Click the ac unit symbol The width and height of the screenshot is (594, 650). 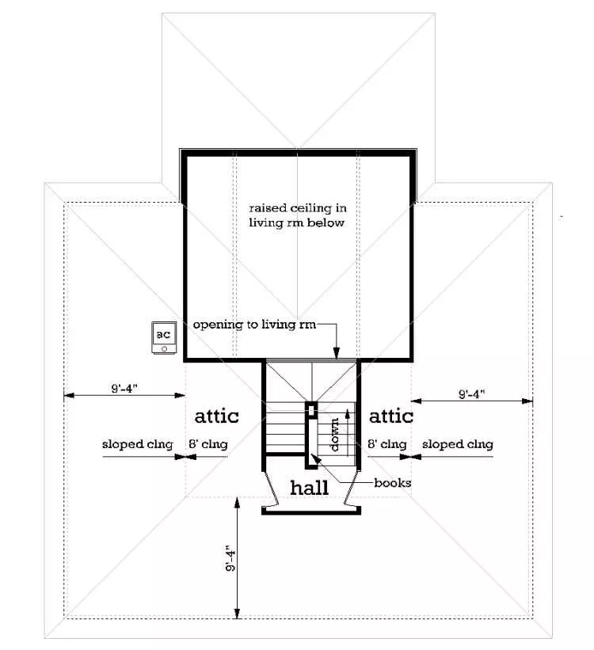pyautogui.click(x=164, y=337)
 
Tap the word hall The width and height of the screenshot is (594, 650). pyautogui.click(x=310, y=488)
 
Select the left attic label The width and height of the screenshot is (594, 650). pyautogui.click(x=216, y=416)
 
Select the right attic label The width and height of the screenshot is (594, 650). pyautogui.click(x=391, y=416)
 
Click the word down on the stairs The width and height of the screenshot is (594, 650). pyautogui.click(x=334, y=435)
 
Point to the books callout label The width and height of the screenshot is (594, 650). pyautogui.click(x=392, y=483)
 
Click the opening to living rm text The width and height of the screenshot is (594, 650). pyautogui.click(x=254, y=325)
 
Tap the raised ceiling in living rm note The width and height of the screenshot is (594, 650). pyautogui.click(x=298, y=215)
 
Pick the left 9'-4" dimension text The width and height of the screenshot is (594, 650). pyautogui.click(x=124, y=389)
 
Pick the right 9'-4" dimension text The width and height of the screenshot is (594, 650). pyautogui.click(x=471, y=393)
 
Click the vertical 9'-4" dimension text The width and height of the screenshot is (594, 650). pyautogui.click(x=230, y=558)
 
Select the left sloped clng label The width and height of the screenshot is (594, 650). pyautogui.click(x=137, y=444)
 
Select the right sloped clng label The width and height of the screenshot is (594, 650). pyautogui.click(x=458, y=444)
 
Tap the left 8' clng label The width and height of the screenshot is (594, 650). pyautogui.click(x=208, y=444)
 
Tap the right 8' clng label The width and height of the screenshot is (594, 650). pyautogui.click(x=387, y=444)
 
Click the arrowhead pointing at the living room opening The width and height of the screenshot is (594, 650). pyautogui.click(x=337, y=353)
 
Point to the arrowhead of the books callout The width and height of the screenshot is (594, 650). pyautogui.click(x=315, y=458)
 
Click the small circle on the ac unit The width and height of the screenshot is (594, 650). pyautogui.click(x=164, y=349)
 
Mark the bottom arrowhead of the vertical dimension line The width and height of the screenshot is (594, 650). pyautogui.click(x=238, y=613)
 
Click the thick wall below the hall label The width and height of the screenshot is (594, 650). pyautogui.click(x=311, y=511)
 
